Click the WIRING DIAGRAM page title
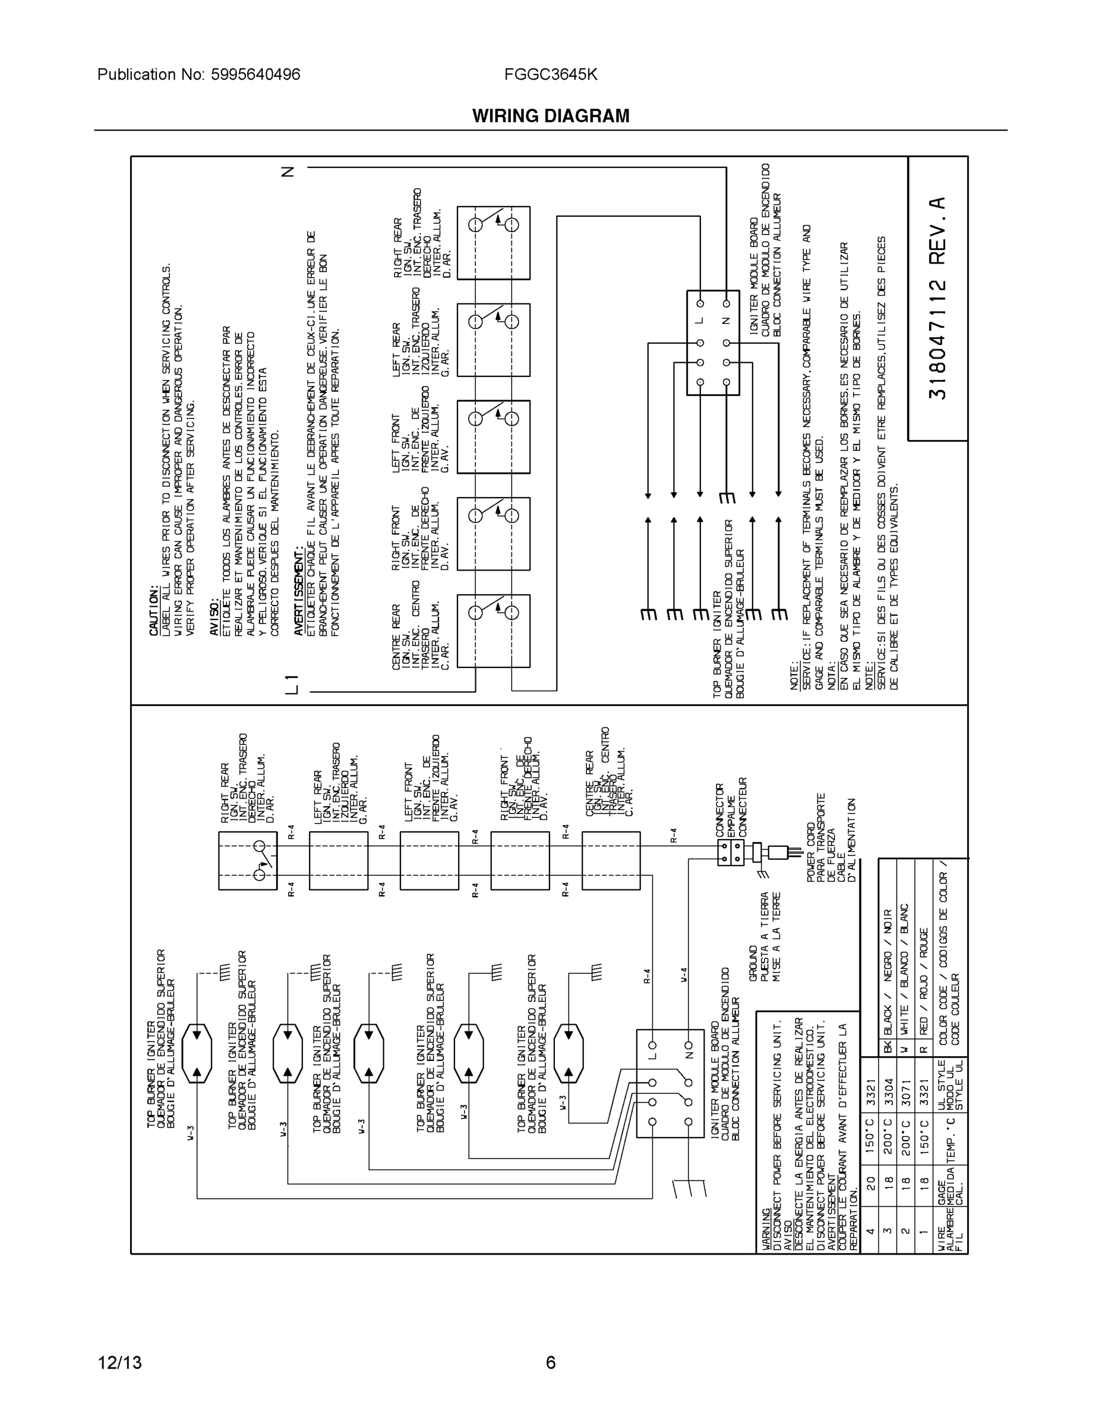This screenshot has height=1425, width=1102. click(x=550, y=116)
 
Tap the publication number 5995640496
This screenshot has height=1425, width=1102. click(x=255, y=74)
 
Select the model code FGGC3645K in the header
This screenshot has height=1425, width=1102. click(x=550, y=74)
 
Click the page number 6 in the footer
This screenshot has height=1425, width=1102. click(x=550, y=1363)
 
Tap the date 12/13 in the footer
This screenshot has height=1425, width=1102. click(x=119, y=1363)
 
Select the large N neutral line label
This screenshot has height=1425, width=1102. click(x=288, y=172)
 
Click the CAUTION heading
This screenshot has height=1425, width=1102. click(x=154, y=612)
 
